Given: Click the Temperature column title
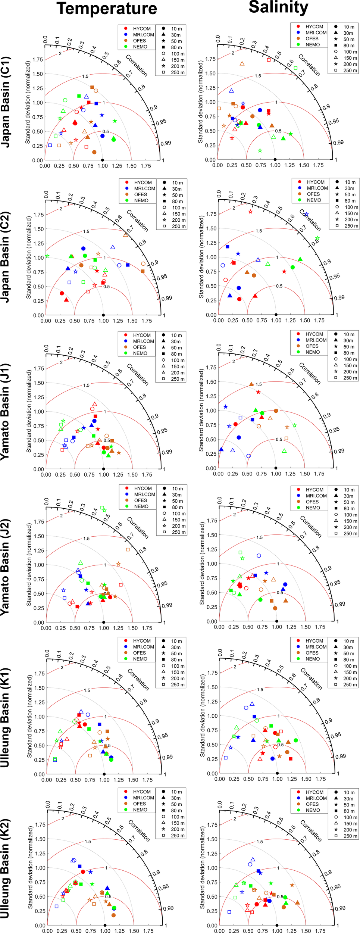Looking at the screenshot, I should [107, 9].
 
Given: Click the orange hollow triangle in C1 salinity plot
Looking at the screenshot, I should [242, 64].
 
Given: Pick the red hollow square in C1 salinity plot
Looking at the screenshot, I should [269, 60].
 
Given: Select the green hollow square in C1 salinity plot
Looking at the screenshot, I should [295, 68].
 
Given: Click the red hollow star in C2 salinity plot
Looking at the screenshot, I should [250, 212].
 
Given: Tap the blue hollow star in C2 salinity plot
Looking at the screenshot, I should [306, 215].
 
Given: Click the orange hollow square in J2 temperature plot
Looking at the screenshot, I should [128, 549].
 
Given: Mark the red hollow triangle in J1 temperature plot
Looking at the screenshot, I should [95, 404].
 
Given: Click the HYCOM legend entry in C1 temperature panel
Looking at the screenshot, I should [142, 29].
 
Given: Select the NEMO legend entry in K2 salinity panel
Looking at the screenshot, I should [313, 810].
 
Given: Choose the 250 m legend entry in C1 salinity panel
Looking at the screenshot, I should [349, 71].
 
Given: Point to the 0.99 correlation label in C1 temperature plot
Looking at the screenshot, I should [166, 143].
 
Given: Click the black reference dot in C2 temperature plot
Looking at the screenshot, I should [103, 315].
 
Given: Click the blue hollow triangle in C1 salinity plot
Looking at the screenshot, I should [231, 91].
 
